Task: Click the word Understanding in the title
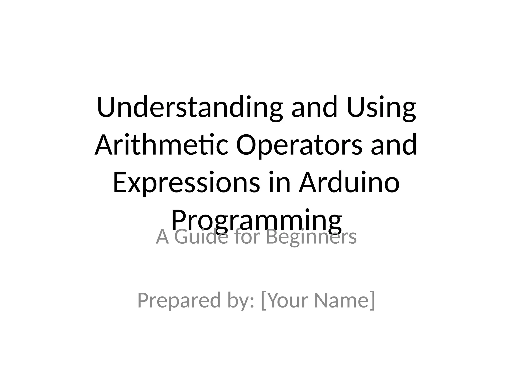190,107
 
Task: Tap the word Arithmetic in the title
161,145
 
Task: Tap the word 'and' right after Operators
394,145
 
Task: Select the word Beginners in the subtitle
311,237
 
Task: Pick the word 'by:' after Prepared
241,300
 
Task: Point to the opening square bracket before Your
263,300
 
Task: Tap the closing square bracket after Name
372,300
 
